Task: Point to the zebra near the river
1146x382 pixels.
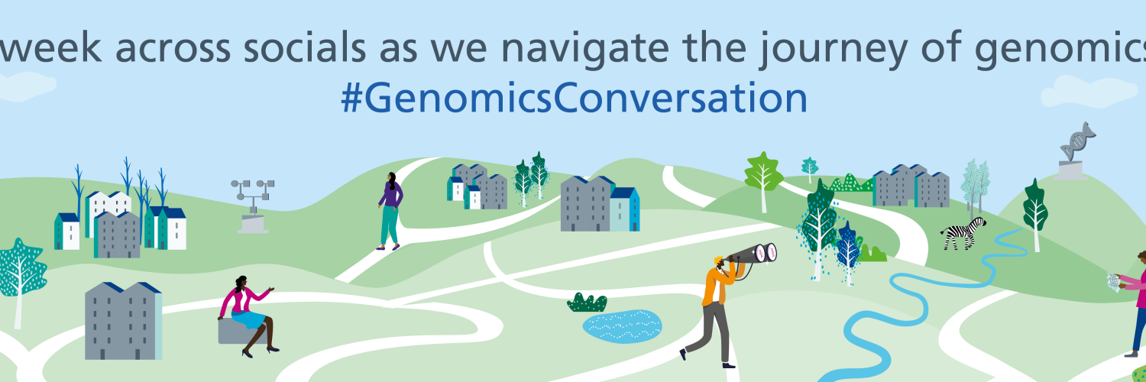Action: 963,234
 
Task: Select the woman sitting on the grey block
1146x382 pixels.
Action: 248,316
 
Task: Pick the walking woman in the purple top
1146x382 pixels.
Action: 390,211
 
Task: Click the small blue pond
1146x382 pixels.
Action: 622,325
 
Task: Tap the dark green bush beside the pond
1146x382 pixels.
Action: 587,303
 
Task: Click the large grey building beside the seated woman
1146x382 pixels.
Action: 123,321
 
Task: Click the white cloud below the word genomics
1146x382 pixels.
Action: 1080,92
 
